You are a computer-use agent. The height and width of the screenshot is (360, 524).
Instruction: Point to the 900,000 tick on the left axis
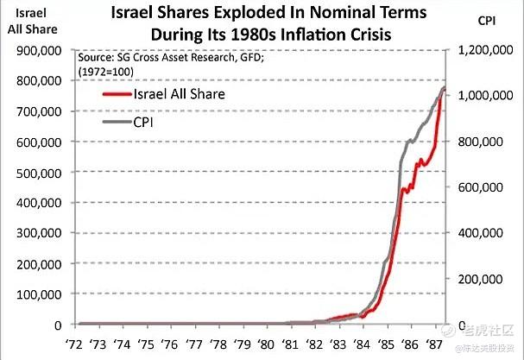coord(36,50)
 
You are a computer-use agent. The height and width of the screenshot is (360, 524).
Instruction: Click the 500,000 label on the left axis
coord(36,173)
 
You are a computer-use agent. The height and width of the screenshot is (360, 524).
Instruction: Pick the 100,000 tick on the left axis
coord(36,294)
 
